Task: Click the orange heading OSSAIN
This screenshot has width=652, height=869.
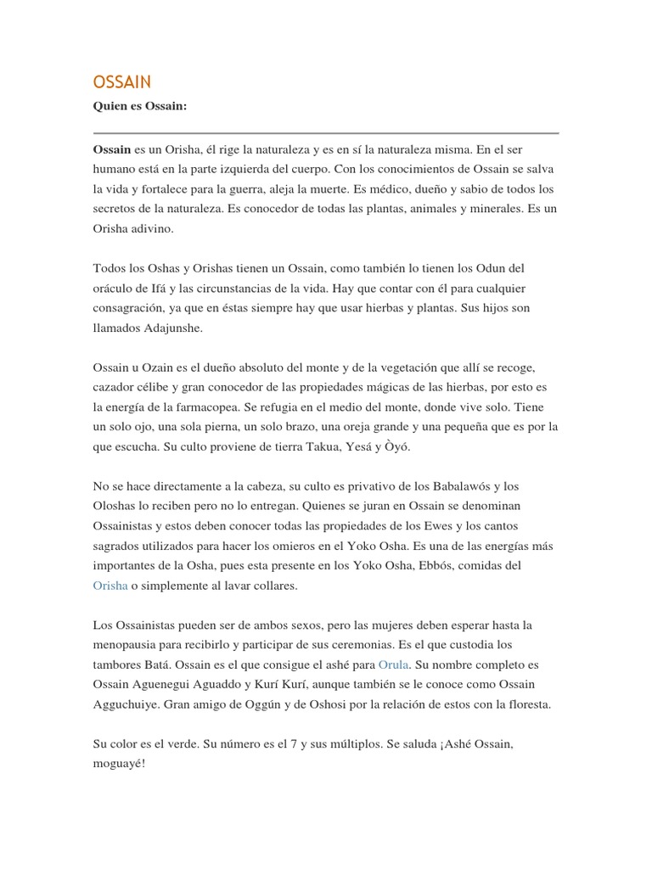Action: [122, 81]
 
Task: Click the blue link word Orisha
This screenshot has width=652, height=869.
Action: [110, 585]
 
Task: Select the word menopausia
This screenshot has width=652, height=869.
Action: [129, 644]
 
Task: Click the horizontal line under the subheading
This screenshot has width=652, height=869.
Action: [326, 132]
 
